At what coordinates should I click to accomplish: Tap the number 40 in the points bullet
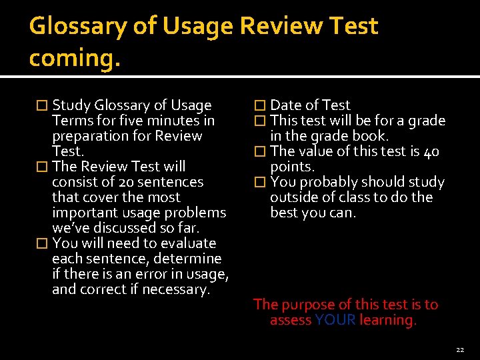tap(431, 151)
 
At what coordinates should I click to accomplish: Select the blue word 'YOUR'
tap(335, 320)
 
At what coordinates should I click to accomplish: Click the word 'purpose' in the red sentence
tap(309, 305)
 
